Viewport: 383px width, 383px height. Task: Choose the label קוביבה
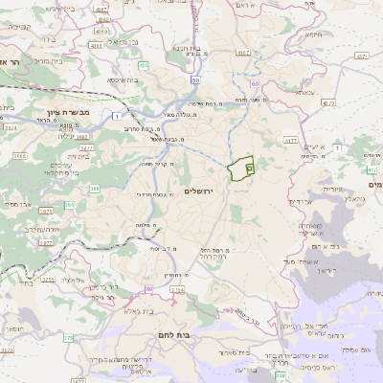(x=20, y=28)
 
